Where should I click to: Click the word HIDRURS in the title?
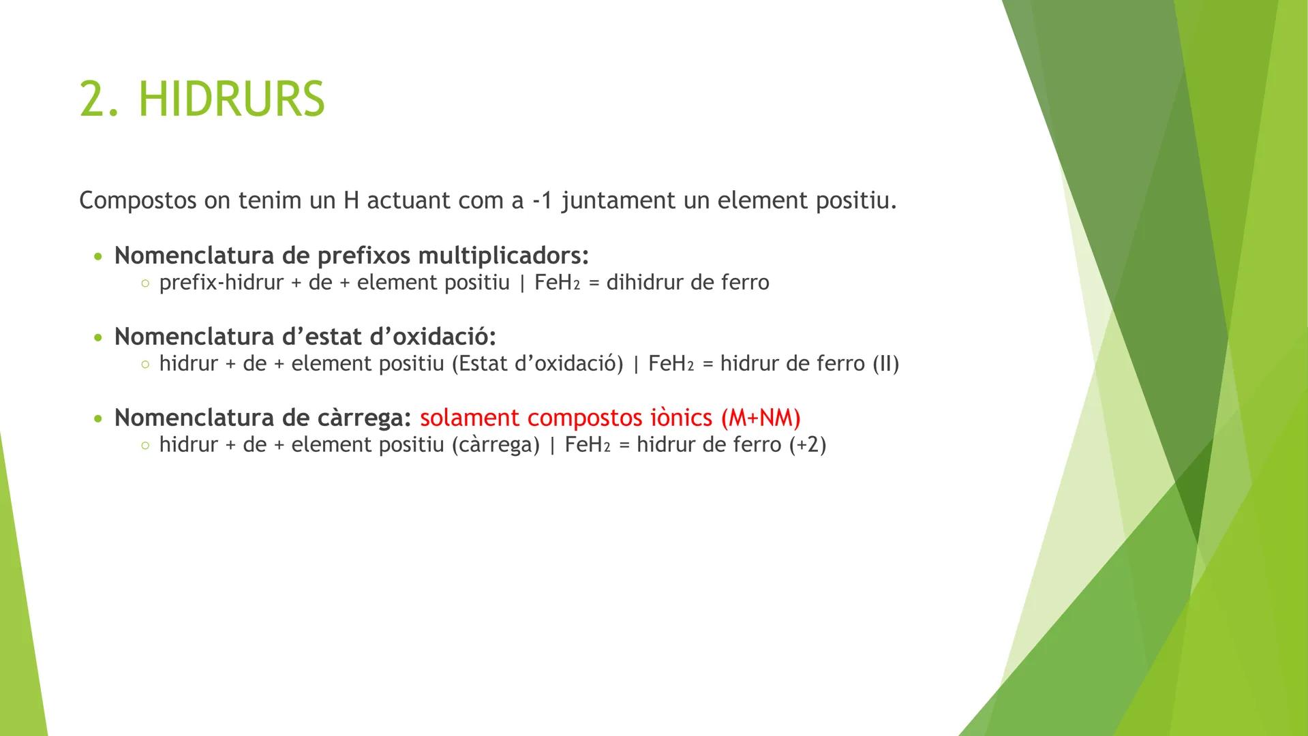[x=232, y=99]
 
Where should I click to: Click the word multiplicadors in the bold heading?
[x=503, y=256]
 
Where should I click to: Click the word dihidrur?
[x=643, y=283]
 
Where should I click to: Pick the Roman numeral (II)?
[x=886, y=364]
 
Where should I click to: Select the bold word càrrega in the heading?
[x=365, y=418]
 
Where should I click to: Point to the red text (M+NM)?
[x=760, y=418]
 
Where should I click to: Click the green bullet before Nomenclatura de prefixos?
[x=100, y=258]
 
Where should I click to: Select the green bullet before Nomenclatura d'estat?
[x=100, y=338]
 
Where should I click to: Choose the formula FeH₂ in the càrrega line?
[x=588, y=445]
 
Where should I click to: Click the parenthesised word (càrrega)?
[x=496, y=445]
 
